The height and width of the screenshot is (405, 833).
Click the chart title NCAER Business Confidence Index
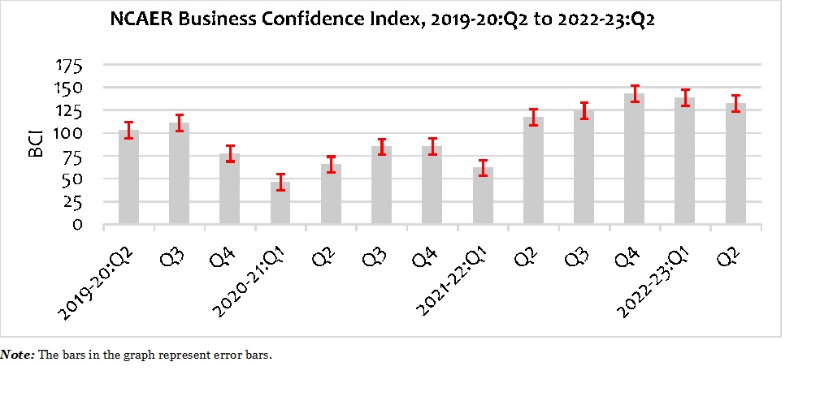383,21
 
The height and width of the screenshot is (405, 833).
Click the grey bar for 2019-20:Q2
128,177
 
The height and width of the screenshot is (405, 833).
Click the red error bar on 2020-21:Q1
280,182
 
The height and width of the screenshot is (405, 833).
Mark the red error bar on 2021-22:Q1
483,168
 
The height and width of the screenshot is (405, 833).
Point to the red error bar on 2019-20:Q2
128,130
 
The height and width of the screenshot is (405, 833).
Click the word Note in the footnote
16,355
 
